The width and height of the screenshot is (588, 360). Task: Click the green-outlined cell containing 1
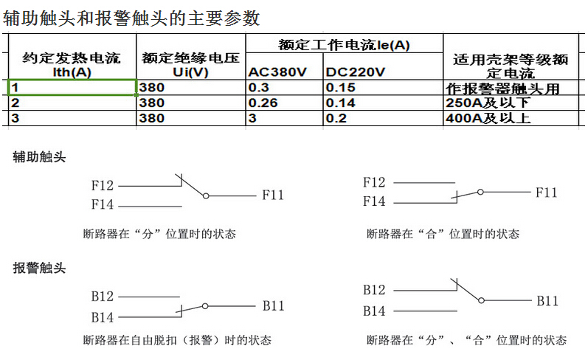click(x=72, y=87)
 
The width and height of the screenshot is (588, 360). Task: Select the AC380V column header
click(x=277, y=72)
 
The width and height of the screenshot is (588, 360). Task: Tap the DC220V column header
click(x=355, y=72)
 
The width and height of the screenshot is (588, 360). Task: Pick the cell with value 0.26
click(x=284, y=103)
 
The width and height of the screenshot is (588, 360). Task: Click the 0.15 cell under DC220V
click(x=383, y=87)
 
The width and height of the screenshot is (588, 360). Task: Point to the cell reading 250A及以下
click(x=511, y=103)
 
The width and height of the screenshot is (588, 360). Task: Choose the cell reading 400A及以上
click(x=511, y=118)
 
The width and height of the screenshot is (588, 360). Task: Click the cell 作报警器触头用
click(x=511, y=88)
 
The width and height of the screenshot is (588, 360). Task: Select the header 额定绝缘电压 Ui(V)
click(x=190, y=64)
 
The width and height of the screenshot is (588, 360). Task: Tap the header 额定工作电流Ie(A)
click(x=344, y=45)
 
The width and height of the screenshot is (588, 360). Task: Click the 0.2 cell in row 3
click(x=383, y=118)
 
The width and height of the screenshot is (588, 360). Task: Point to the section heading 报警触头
click(x=39, y=268)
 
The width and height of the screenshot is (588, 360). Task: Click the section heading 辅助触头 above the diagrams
click(x=39, y=156)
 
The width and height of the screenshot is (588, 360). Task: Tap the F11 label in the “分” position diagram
click(x=273, y=195)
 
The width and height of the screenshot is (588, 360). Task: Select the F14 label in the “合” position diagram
click(x=374, y=201)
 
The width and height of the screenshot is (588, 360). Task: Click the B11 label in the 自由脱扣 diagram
click(x=274, y=305)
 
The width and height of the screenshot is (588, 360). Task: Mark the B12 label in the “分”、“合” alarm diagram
click(x=374, y=290)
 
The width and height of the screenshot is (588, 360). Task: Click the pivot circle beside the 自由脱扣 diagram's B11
click(x=205, y=306)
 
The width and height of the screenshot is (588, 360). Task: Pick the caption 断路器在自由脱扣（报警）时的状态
click(x=177, y=340)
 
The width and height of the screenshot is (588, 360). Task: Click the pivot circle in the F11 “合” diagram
click(x=480, y=192)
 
